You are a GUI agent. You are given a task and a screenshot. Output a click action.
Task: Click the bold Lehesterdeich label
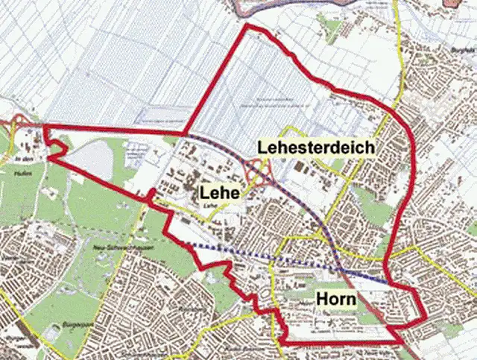[x=315, y=148]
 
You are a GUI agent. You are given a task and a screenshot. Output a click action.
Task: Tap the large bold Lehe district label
[x=219, y=193]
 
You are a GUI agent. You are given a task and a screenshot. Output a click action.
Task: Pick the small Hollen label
[x=20, y=172]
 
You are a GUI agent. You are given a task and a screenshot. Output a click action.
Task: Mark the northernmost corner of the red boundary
[x=247, y=27]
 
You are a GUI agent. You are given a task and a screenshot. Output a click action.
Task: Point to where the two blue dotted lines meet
[x=339, y=269]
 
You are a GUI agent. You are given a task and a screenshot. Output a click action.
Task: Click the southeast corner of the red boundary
[x=399, y=342]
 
